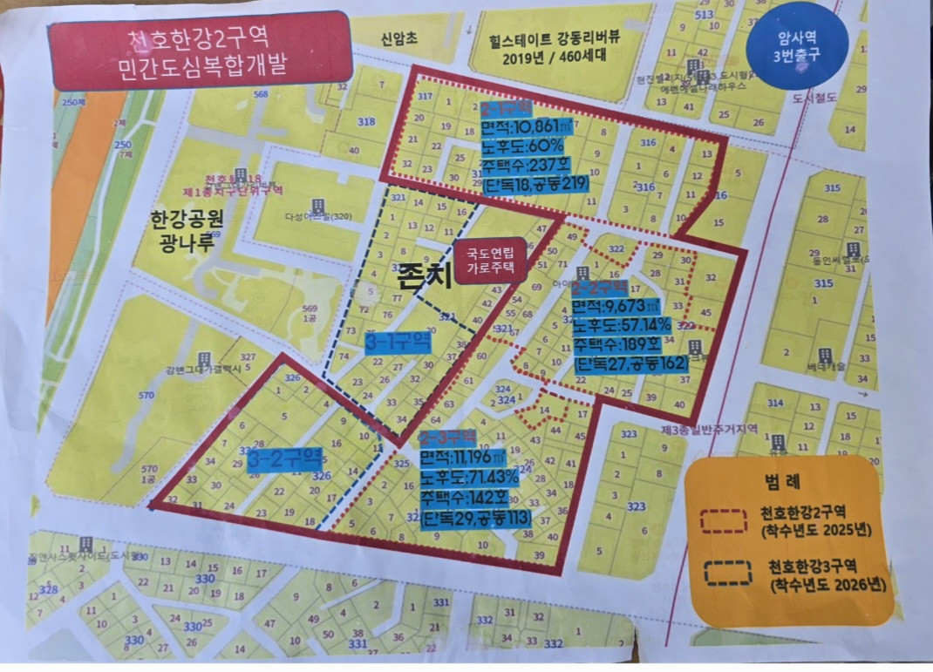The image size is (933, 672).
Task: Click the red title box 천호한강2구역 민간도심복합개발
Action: click(x=200, y=51)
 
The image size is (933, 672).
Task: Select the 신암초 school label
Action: click(x=398, y=39)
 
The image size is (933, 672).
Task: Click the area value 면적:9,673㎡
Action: click(x=620, y=307)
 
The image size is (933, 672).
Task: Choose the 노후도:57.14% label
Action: click(x=622, y=325)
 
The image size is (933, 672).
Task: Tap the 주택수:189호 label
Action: click(x=618, y=343)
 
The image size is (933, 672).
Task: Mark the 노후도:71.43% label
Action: click(x=469, y=478)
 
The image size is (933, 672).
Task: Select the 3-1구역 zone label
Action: click(x=398, y=343)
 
